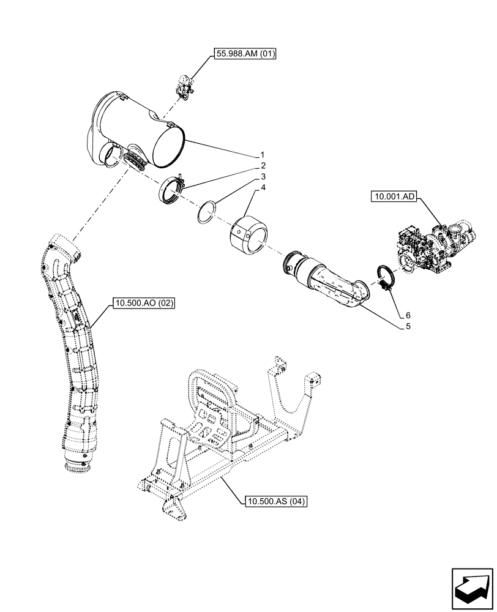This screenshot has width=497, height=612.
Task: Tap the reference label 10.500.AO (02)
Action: point(144,303)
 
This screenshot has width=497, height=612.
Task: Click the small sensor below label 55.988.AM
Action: point(184,86)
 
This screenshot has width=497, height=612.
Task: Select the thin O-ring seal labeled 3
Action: point(208,211)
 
